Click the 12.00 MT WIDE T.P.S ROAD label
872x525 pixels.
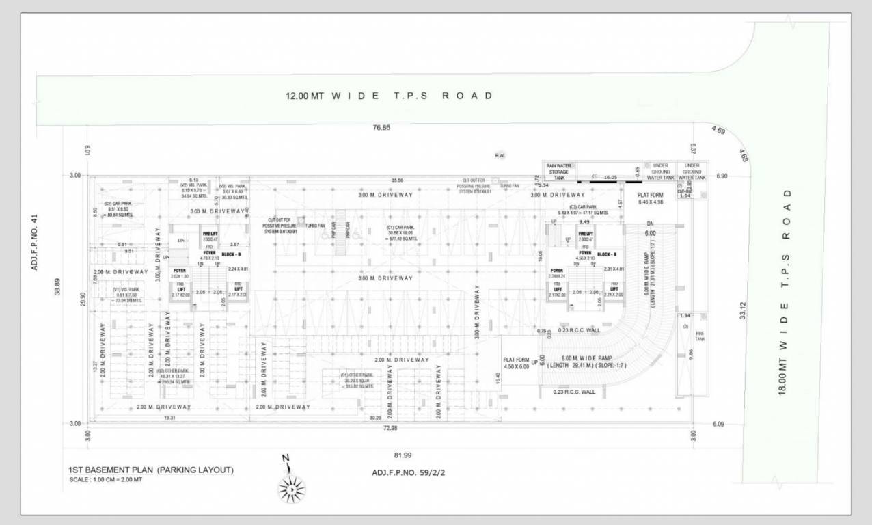coord(389,96)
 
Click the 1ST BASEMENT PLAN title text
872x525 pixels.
coord(150,470)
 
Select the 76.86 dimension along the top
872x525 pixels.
coord(381,128)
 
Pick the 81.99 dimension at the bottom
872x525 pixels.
coord(403,455)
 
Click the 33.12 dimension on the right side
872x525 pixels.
coord(742,310)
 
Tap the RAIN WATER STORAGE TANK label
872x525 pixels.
coord(560,172)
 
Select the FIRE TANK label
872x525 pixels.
coord(699,336)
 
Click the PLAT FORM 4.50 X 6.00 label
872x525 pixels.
coord(516,363)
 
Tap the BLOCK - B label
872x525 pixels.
coord(230,254)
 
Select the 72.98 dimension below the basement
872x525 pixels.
coord(390,428)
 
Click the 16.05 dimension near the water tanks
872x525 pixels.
coord(610,176)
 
